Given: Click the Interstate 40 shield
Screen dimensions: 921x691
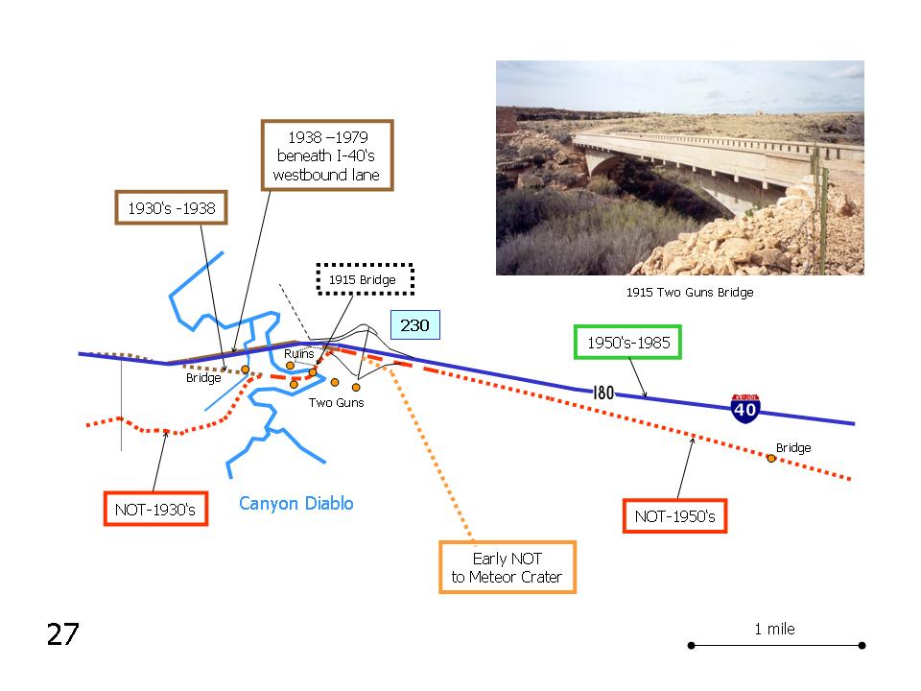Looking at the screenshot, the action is click(745, 408).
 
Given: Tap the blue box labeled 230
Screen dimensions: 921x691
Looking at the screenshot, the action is click(415, 325).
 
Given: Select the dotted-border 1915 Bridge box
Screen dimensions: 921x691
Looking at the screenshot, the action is click(365, 279).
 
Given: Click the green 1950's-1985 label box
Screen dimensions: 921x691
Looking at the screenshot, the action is click(627, 342).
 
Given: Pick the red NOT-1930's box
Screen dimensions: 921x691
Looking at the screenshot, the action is click(155, 509).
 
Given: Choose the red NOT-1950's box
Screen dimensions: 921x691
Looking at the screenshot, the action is click(674, 516).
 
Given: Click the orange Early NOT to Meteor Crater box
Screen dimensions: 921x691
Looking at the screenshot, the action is click(508, 567).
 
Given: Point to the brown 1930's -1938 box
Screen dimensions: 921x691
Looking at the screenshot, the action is click(171, 207).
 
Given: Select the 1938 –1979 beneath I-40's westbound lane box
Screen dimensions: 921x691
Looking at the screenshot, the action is click(327, 155).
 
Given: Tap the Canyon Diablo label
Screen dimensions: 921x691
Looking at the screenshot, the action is click(296, 503).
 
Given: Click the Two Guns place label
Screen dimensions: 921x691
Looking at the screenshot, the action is click(337, 402).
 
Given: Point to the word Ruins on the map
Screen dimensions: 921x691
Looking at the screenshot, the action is click(299, 354).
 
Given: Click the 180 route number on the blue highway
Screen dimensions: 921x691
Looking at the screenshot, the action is click(603, 393).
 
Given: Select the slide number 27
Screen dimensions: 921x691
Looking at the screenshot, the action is click(63, 634).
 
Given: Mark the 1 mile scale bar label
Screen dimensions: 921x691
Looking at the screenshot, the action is click(774, 629).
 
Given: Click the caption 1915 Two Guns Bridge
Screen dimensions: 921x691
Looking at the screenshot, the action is click(690, 292).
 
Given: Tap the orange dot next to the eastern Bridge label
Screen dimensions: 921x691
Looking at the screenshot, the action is click(770, 459).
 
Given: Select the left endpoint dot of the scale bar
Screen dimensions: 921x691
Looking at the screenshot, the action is click(692, 645).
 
